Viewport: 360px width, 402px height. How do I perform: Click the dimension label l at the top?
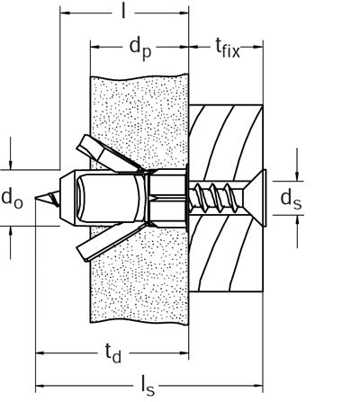[123, 12]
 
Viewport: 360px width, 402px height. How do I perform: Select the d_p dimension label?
[140, 49]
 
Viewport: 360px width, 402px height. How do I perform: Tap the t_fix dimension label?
[228, 49]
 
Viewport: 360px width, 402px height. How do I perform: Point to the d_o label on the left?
[12, 199]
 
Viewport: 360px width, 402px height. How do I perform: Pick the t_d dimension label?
[113, 353]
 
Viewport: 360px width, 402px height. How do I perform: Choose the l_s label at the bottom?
[148, 387]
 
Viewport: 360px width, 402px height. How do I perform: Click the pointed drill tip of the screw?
[35, 198]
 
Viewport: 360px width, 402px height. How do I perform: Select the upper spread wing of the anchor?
[110, 154]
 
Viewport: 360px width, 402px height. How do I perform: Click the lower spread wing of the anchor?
[110, 242]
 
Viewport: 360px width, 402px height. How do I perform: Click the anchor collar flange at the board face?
[187, 199]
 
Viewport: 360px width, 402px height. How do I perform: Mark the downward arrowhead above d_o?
[11, 165]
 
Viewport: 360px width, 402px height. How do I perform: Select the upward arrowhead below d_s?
[297, 219]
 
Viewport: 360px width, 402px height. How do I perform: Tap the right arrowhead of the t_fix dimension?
[258, 47]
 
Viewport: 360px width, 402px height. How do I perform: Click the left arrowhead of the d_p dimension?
[95, 47]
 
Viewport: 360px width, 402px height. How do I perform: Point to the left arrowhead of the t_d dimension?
[40, 353]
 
